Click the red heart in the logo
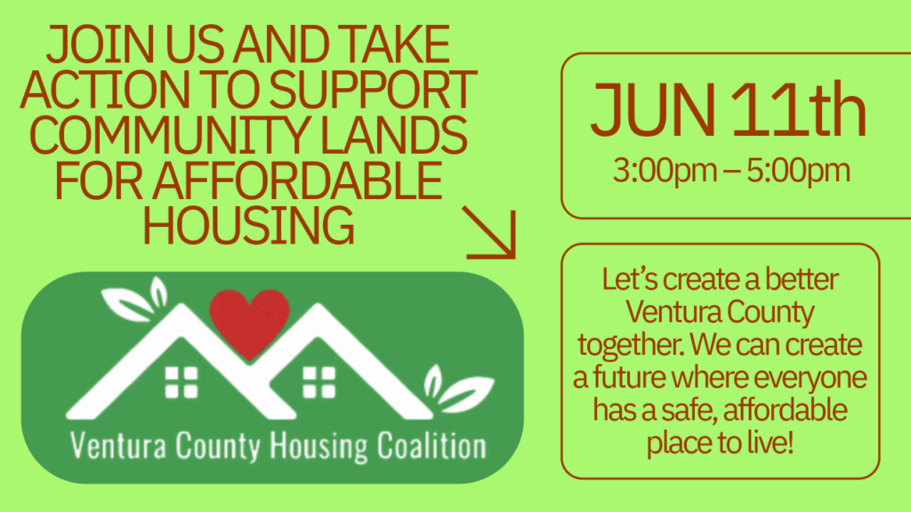click(249, 323)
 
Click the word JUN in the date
click(652, 109)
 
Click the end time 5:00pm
click(798, 171)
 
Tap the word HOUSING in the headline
click(249, 225)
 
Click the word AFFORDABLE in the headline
click(297, 180)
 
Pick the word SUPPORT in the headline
click(373, 90)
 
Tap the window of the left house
click(181, 382)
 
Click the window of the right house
click(319, 382)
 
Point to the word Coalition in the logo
click(431, 446)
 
